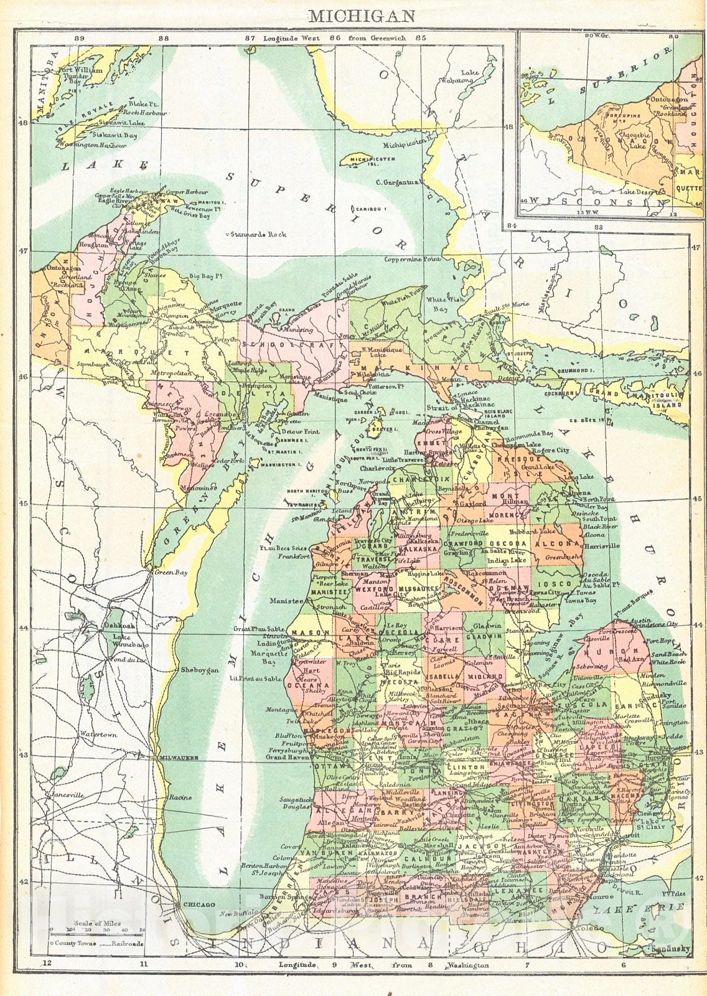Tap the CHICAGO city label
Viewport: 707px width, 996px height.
pos(198,904)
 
